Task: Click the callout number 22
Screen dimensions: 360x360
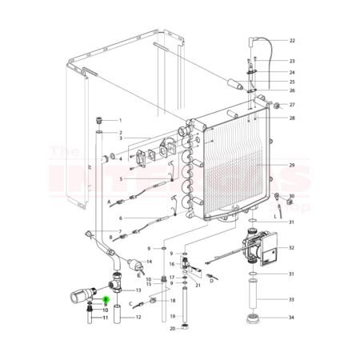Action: (292, 40)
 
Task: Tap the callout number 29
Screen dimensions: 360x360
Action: (292, 166)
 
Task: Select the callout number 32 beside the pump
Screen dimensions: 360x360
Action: (292, 248)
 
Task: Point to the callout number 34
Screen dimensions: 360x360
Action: (292, 318)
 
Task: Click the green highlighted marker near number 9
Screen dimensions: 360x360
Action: (106, 298)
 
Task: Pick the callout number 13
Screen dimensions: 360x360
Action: (138, 290)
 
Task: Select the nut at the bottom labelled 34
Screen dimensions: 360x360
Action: (258, 318)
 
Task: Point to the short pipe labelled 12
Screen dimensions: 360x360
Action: (118, 318)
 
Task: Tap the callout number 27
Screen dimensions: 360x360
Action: (292, 105)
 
